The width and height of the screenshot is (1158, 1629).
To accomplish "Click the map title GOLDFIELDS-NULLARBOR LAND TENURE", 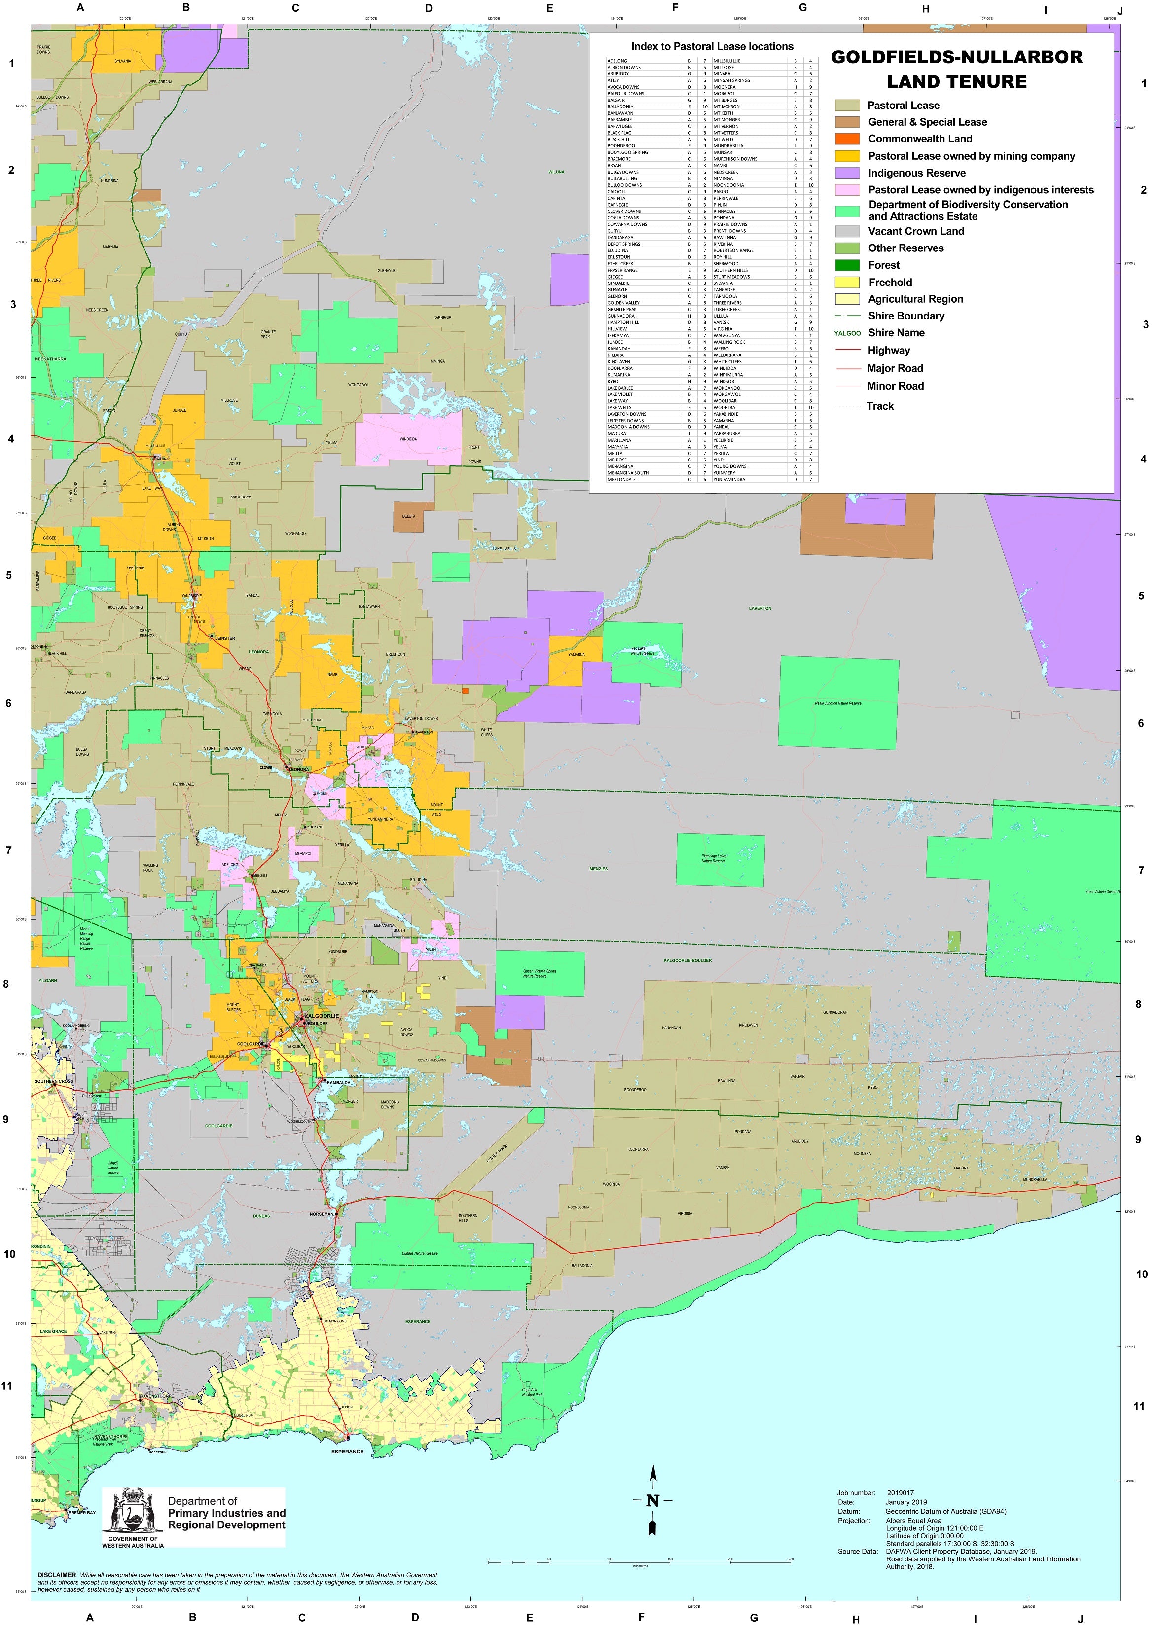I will [956, 69].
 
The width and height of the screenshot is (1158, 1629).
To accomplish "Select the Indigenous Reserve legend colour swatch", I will [847, 173].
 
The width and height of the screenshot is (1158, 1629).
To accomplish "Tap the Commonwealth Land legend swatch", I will [847, 139].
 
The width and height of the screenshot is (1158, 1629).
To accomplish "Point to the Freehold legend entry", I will [890, 283].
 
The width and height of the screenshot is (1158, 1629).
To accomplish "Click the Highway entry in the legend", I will [888, 350].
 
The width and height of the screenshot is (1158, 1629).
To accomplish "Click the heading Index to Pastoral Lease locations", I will [712, 47].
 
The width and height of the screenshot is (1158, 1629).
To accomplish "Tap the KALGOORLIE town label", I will [322, 1015].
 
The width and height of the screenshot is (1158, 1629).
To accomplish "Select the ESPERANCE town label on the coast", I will [347, 1452].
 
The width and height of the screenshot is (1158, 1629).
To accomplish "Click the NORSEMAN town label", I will [322, 1213].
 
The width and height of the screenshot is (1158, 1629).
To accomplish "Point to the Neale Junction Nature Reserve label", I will [838, 703].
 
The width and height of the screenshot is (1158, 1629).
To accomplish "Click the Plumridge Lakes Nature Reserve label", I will [714, 858].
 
